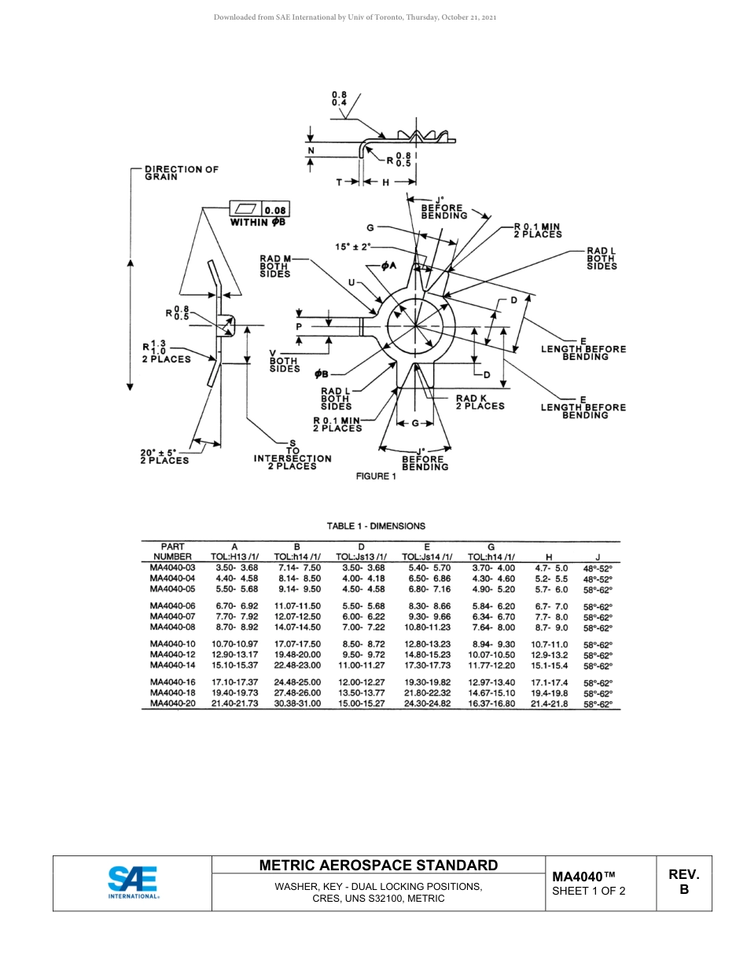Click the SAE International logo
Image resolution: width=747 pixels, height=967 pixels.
coord(132,882)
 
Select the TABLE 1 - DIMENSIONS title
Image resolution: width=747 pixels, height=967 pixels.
coord(376,526)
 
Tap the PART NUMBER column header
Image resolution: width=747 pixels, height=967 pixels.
coord(172,551)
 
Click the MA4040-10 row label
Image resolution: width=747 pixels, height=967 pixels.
coord(172,644)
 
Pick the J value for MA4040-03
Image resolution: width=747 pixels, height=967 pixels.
coord(598,568)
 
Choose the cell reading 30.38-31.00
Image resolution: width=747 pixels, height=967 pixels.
coord(297,704)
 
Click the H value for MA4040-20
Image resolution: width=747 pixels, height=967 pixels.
coord(550,704)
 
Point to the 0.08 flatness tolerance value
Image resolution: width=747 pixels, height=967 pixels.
coord(275,210)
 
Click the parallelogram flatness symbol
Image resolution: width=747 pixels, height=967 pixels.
coord(245,208)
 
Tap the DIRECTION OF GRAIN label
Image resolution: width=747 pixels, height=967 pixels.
coord(181,173)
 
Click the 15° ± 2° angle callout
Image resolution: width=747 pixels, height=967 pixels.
coord(352,247)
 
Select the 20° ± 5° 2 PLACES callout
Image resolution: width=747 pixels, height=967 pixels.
coord(164,456)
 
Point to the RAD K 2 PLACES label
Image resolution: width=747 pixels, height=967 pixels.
coord(480,402)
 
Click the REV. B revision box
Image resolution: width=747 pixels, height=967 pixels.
coord(683,882)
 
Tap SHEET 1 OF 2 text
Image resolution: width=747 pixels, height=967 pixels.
coord(589,891)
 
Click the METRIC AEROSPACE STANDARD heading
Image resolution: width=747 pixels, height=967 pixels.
coord(378,865)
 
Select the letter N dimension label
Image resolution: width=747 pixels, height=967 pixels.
coord(311,150)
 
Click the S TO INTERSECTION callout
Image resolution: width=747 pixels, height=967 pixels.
coord(293,454)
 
